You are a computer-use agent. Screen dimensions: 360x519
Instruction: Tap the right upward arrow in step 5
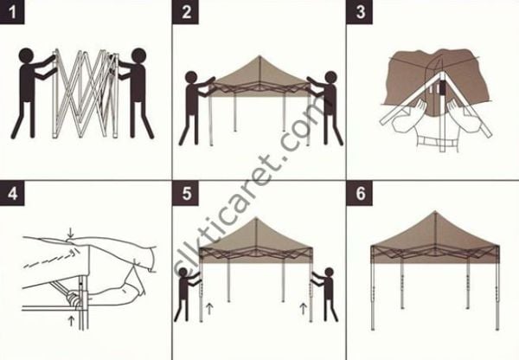tap(302, 307)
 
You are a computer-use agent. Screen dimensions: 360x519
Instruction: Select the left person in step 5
tap(188, 294)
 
